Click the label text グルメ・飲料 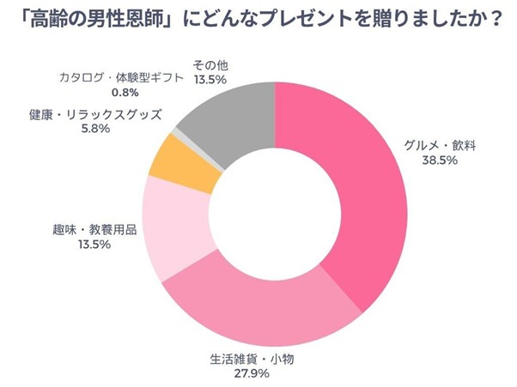(440, 146)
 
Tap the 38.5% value (440, 160)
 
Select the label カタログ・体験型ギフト (121, 78)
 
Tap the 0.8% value (121, 92)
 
